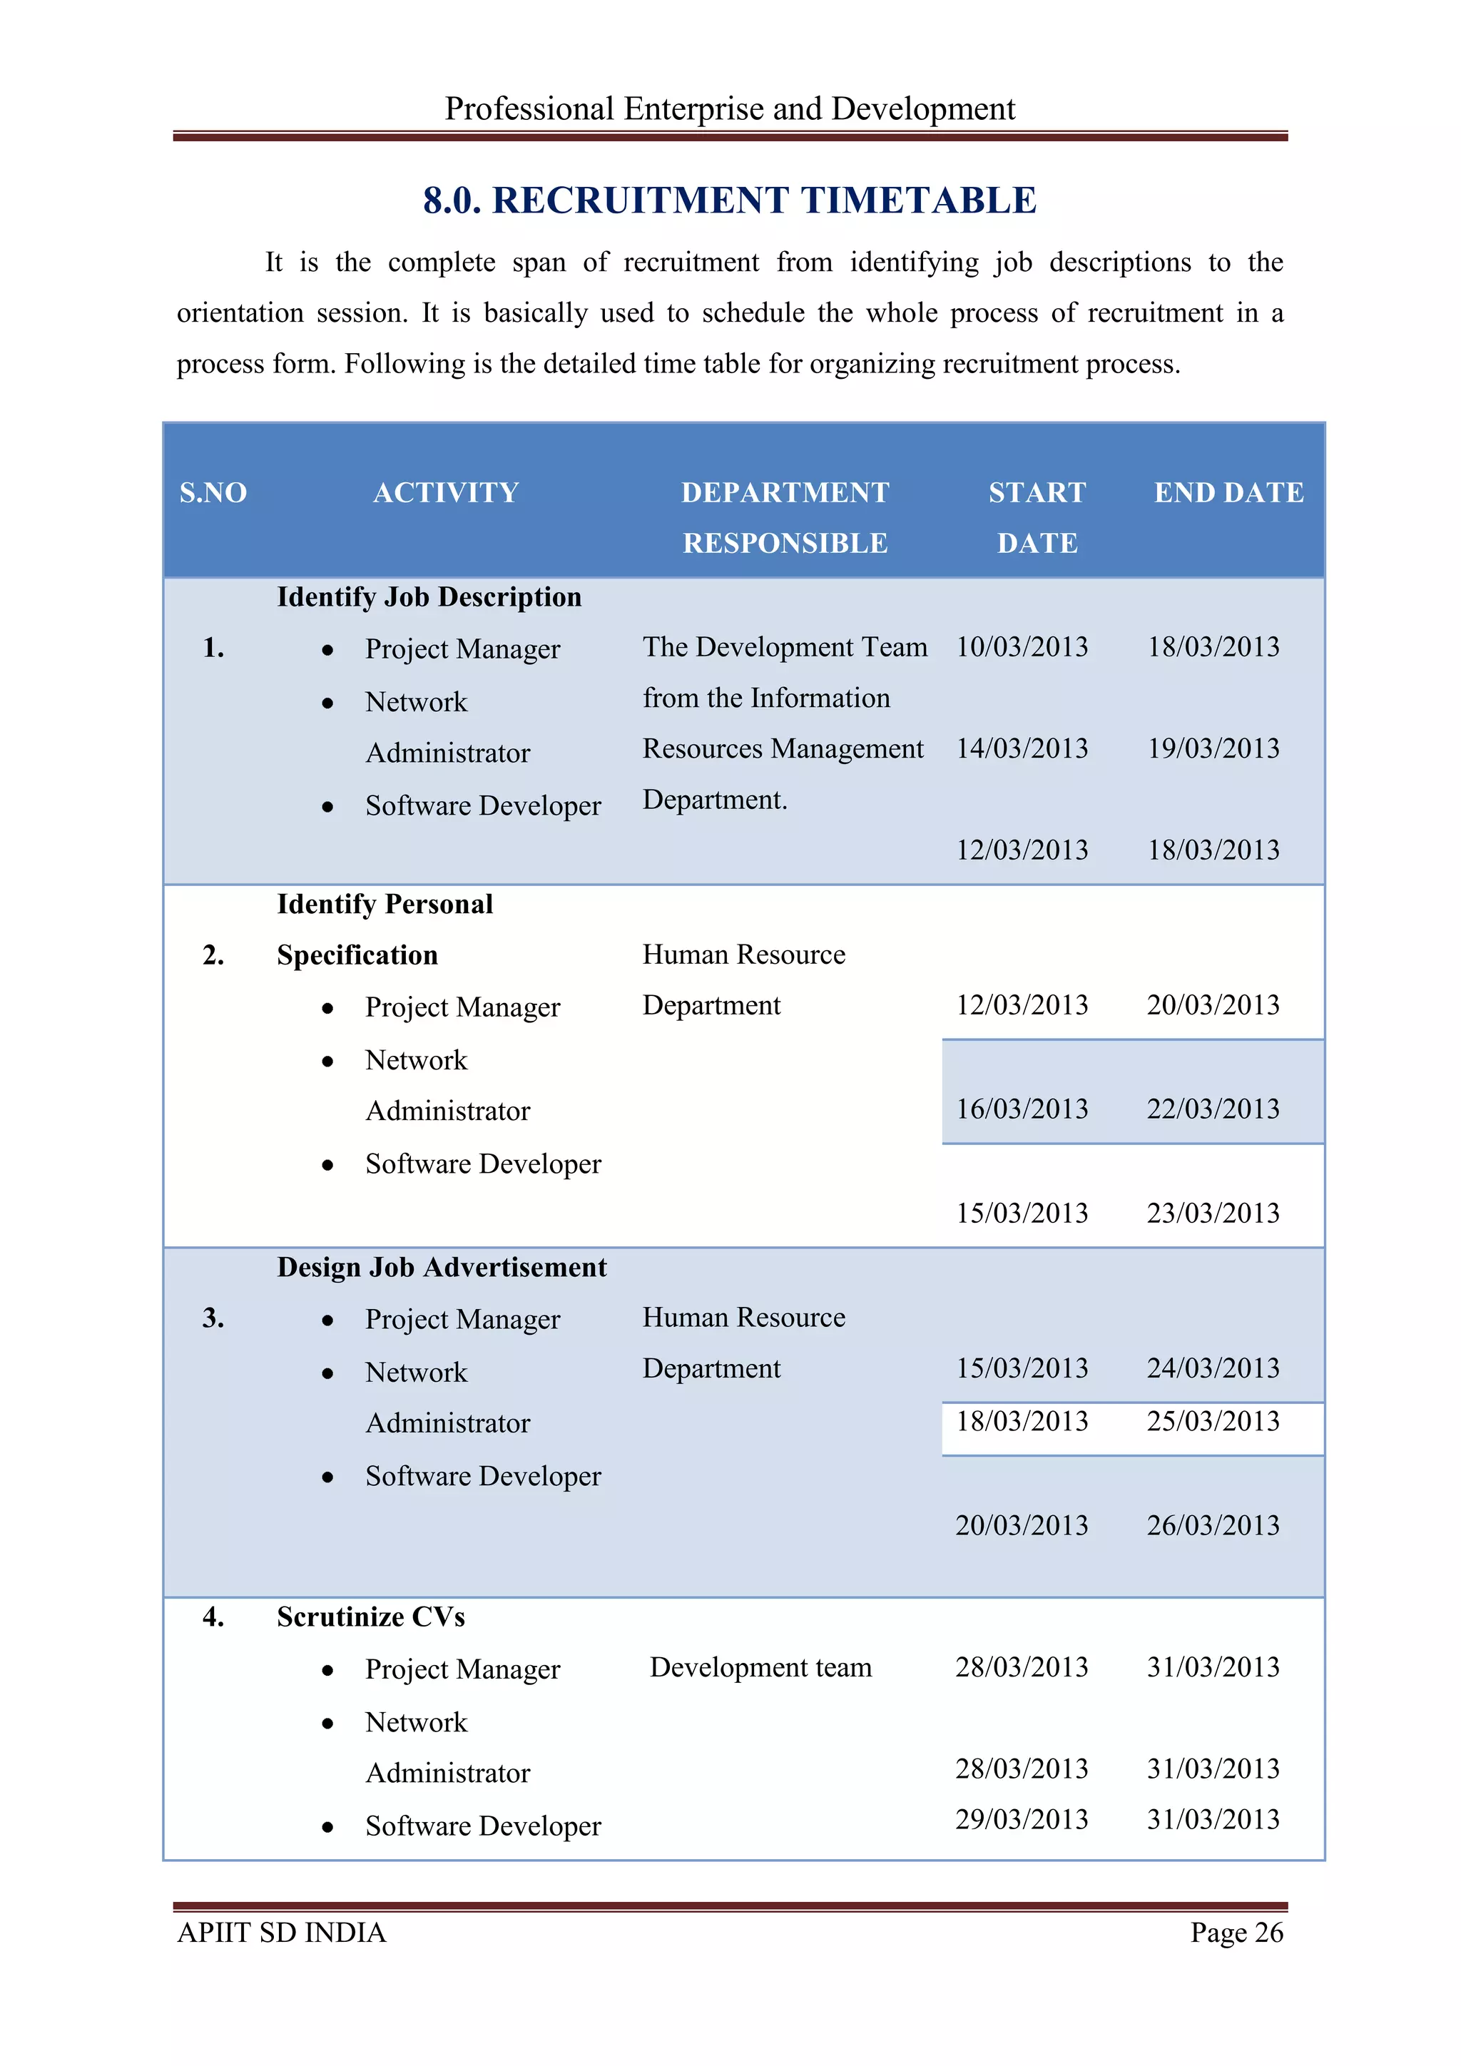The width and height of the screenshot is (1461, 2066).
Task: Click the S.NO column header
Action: click(213, 492)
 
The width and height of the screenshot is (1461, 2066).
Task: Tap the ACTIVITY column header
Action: click(446, 492)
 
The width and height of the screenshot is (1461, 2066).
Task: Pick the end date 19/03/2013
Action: click(1213, 748)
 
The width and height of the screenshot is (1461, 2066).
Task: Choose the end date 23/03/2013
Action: click(1213, 1213)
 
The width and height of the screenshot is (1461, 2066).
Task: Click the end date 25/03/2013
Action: click(1213, 1421)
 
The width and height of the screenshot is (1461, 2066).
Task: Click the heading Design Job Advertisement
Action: click(442, 1267)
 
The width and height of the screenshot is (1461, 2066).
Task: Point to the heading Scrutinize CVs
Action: click(371, 1617)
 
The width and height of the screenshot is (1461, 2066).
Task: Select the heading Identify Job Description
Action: click(429, 598)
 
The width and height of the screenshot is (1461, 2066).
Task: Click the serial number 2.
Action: click(213, 955)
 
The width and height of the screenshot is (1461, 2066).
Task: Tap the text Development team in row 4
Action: click(760, 1667)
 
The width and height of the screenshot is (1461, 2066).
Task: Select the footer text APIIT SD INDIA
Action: click(282, 1932)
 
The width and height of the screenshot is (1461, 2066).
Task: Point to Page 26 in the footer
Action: click(1236, 1932)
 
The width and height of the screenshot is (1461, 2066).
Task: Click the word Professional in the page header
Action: click(529, 109)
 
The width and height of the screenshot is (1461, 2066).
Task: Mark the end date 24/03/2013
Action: click(1213, 1368)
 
